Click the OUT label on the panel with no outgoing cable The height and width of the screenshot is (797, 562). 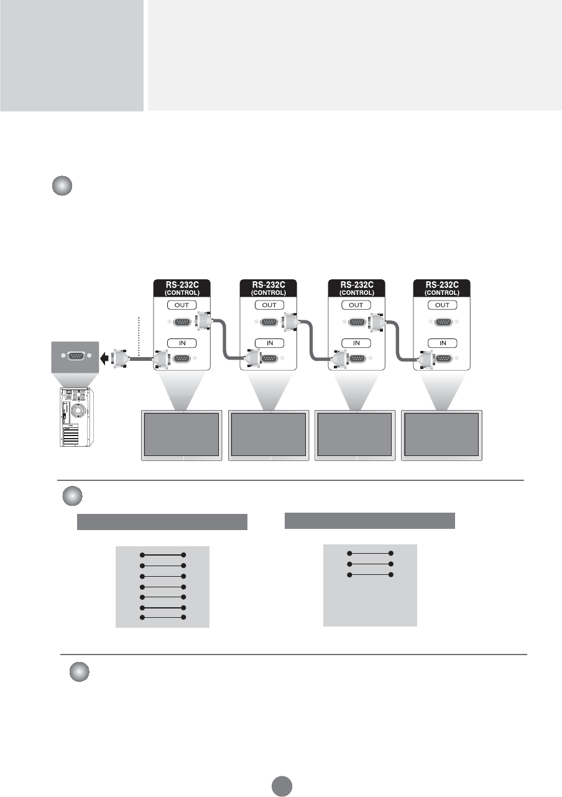click(442, 305)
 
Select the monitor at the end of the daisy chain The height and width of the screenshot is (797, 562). click(442, 435)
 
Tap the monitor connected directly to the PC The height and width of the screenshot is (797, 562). click(182, 435)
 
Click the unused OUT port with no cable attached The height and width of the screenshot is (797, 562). click(442, 322)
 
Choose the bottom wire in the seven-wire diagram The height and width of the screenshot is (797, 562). click(164, 617)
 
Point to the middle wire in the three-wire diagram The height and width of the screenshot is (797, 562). click(371, 564)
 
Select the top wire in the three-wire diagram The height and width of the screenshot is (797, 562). click(371, 553)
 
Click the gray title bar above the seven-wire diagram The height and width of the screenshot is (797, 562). click(162, 522)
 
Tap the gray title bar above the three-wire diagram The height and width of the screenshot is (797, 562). click(370, 521)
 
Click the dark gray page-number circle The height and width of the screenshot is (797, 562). click(281, 786)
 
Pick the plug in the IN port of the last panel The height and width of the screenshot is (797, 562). click(426, 359)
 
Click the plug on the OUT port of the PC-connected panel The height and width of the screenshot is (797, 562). click(203, 322)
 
